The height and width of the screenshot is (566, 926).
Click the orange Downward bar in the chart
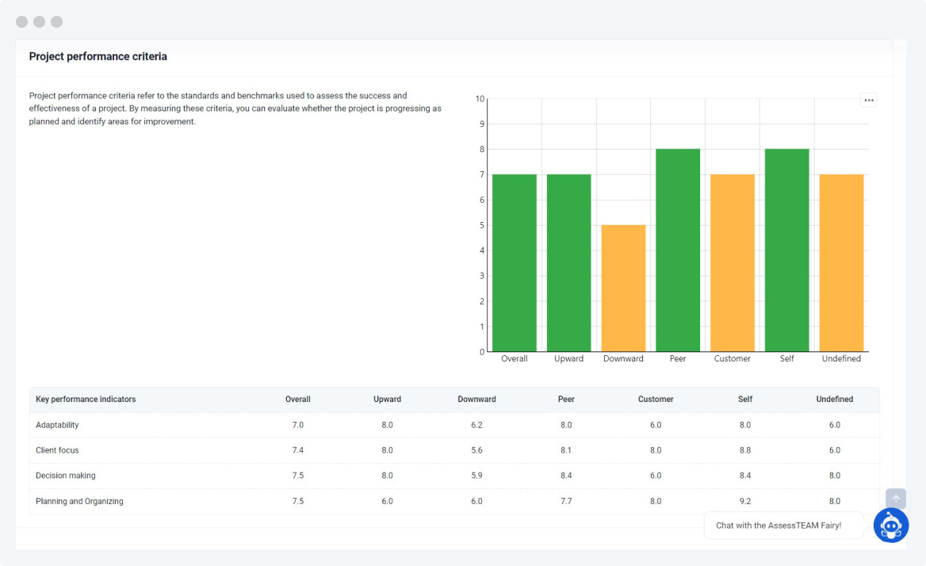pyautogui.click(x=623, y=289)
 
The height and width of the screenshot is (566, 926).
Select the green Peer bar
pyautogui.click(x=678, y=250)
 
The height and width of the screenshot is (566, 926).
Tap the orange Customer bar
pyautogui.click(x=733, y=263)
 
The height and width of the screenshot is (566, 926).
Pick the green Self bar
pyautogui.click(x=786, y=250)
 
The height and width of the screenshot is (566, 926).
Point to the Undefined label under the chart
pyautogui.click(x=841, y=359)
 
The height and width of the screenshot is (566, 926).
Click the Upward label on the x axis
pyautogui.click(x=568, y=359)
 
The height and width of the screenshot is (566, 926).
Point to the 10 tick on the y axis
pyautogui.click(x=480, y=99)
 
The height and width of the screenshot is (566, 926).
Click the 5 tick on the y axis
pyautogui.click(x=481, y=225)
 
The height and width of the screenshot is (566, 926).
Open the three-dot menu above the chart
pyautogui.click(x=869, y=101)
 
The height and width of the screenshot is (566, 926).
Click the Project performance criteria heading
pyautogui.click(x=98, y=57)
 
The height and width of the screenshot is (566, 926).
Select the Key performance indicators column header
pyautogui.click(x=86, y=400)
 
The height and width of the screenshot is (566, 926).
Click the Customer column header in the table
pyautogui.click(x=656, y=400)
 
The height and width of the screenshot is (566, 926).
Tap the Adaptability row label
pyautogui.click(x=57, y=425)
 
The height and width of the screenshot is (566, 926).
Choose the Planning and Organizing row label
pyautogui.click(x=79, y=501)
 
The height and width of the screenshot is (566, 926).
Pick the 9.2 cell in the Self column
pyautogui.click(x=745, y=501)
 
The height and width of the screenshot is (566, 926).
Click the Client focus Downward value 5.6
pyautogui.click(x=476, y=450)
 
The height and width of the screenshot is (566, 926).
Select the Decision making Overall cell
pyautogui.click(x=298, y=476)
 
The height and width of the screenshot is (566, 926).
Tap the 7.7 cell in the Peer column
pyautogui.click(x=566, y=501)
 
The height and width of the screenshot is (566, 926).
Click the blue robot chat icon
pyautogui.click(x=891, y=525)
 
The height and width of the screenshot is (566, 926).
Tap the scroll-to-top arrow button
pyautogui.click(x=896, y=499)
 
